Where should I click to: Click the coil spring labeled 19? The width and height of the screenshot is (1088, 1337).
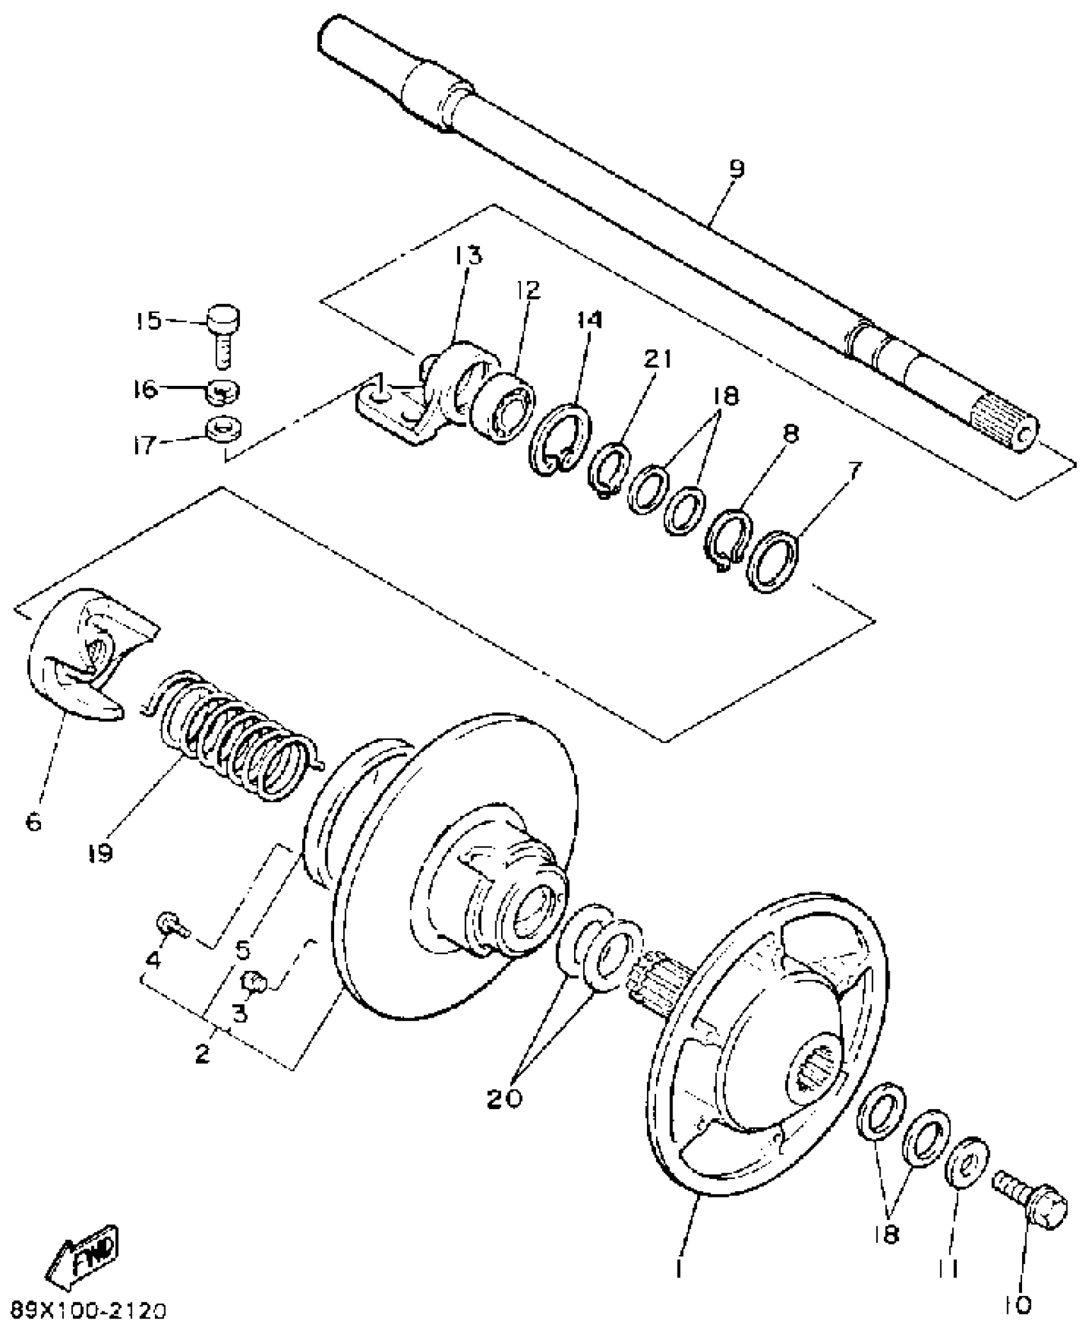tap(234, 736)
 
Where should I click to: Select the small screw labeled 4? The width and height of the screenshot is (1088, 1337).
tap(170, 925)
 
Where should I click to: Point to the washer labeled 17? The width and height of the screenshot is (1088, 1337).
tap(224, 429)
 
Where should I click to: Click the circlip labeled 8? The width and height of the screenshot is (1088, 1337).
tap(728, 532)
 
